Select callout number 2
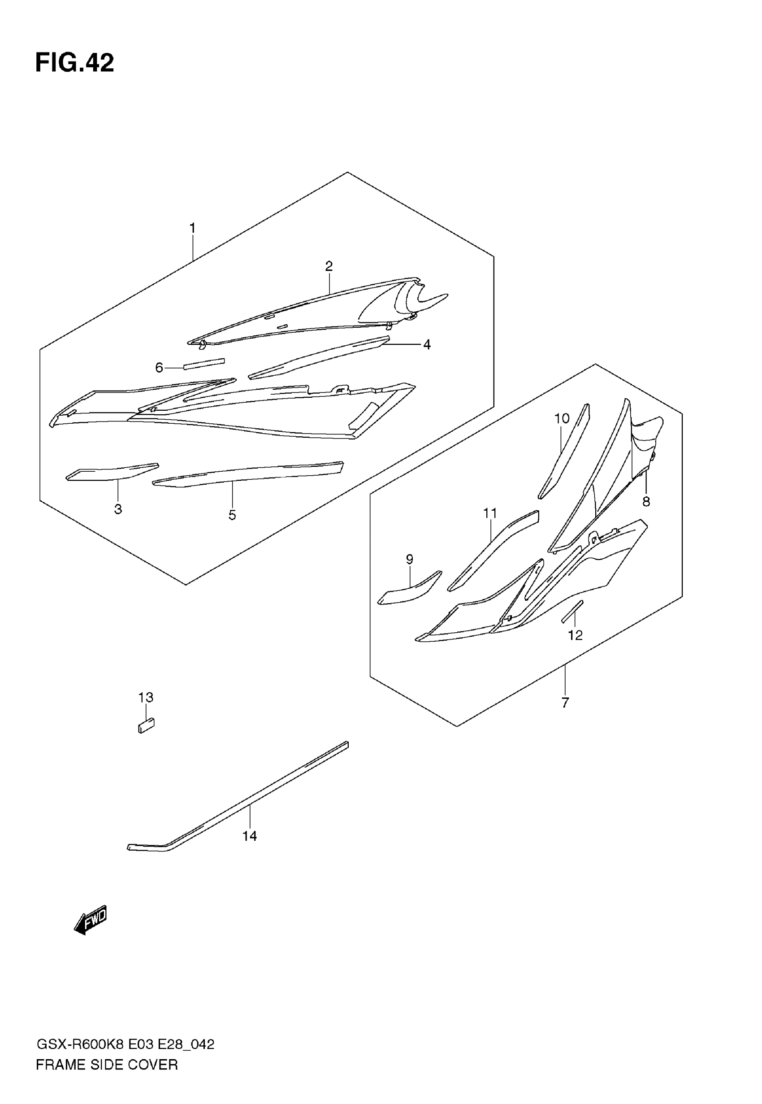[x=329, y=266]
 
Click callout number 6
[x=159, y=367]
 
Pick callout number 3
[x=118, y=509]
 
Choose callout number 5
[x=232, y=515]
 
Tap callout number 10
[x=562, y=419]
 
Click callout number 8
[x=646, y=501]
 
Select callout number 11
[x=490, y=513]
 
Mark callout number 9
[x=409, y=559]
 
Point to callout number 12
[x=576, y=635]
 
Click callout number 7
[x=565, y=702]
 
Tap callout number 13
[x=146, y=698]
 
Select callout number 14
[x=249, y=836]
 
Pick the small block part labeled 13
[x=146, y=726]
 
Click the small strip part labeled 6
[x=204, y=364]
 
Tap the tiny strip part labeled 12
[x=572, y=611]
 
